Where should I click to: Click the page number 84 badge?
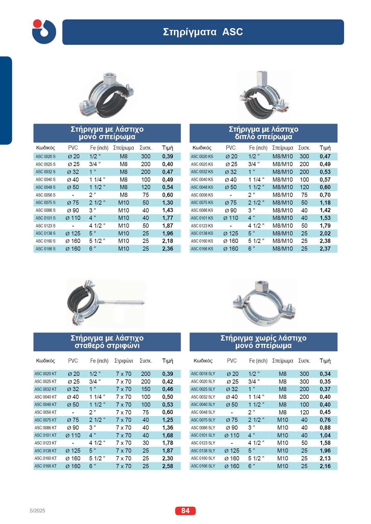pos(185,511)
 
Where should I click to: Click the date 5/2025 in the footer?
pos(38,511)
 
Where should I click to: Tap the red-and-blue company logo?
pos(44,32)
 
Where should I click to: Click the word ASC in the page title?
pos(232,32)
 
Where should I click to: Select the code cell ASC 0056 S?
pos(45,195)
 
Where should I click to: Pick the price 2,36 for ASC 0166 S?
pos(168,249)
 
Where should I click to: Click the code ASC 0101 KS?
pos(202,218)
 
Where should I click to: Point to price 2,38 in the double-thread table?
pos(325,241)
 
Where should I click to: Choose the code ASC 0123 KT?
pos(45,443)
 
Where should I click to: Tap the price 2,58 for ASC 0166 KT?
pos(168,466)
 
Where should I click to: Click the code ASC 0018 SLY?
pos(203,374)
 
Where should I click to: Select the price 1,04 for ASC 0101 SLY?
pos(325,435)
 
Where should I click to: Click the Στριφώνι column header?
pos(124,361)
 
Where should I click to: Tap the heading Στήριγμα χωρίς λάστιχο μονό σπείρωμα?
pos(263,342)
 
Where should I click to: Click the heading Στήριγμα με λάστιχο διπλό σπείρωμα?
pos(263,133)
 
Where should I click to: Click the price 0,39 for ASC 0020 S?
pos(168,156)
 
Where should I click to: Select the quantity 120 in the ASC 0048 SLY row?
pos(304,412)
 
